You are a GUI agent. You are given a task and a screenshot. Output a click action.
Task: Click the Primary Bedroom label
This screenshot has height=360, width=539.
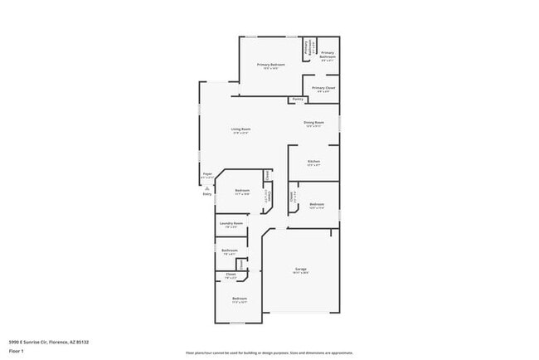(x=271, y=65)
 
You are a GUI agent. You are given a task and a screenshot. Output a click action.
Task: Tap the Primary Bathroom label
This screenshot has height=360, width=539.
(x=328, y=55)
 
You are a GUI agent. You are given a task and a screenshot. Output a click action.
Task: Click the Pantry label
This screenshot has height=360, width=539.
(x=297, y=100)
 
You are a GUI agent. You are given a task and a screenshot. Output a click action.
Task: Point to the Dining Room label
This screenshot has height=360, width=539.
(x=313, y=123)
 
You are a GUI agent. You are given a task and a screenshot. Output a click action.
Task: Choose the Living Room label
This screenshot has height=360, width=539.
(x=240, y=129)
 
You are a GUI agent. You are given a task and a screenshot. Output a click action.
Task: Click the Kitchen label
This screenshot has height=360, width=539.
(x=313, y=161)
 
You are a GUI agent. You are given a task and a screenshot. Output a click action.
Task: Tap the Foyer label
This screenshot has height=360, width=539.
(x=207, y=174)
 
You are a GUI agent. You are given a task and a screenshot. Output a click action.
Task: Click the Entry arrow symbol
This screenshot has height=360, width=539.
(x=206, y=187)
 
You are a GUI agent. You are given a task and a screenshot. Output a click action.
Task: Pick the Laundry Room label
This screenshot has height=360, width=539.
(x=231, y=223)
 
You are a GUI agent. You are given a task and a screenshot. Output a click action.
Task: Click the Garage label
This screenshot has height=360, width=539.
(x=301, y=270)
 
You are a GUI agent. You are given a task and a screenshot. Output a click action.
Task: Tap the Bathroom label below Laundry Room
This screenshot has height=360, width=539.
(x=230, y=250)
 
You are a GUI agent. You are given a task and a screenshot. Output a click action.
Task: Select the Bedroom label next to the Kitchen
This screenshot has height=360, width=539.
(x=317, y=204)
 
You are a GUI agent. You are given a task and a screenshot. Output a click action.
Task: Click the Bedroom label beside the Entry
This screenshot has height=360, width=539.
(x=241, y=191)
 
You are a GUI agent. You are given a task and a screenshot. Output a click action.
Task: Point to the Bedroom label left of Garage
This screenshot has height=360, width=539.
(x=240, y=298)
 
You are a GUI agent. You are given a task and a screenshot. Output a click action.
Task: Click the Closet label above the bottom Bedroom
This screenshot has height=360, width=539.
(x=231, y=275)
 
